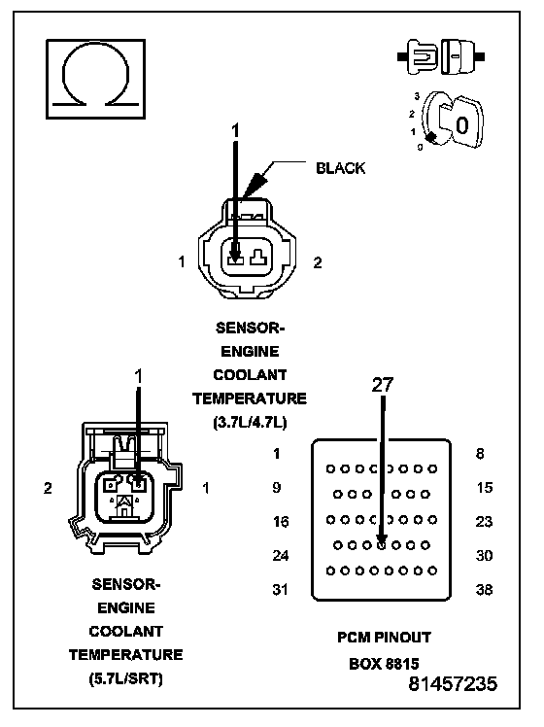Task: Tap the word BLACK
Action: click(340, 168)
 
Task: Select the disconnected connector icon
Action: click(441, 56)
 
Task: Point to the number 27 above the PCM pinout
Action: click(383, 385)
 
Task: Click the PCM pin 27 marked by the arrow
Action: click(382, 545)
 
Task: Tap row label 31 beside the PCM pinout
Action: click(280, 589)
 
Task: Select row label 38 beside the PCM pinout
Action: click(484, 590)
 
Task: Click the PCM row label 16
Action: click(281, 522)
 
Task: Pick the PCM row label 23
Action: click(484, 522)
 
